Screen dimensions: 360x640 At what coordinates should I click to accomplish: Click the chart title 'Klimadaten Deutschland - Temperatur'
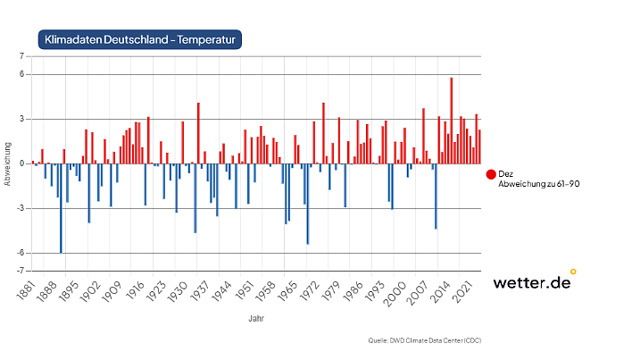coord(140,40)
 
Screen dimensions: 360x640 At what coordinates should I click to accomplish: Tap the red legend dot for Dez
coord(491,174)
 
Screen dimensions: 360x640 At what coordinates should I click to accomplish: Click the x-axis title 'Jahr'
coord(255,317)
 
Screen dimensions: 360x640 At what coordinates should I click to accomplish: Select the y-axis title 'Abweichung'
coord(8,163)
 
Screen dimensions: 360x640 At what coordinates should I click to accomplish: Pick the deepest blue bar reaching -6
coord(61,208)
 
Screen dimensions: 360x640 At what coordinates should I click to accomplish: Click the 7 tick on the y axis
coord(20,56)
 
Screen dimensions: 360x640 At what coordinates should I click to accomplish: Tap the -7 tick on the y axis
coord(19,270)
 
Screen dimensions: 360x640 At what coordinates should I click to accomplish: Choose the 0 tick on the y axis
coord(20,163)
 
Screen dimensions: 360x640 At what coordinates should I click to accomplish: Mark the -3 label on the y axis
coord(19,208)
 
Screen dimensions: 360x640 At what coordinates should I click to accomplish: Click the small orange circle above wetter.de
coord(573,271)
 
